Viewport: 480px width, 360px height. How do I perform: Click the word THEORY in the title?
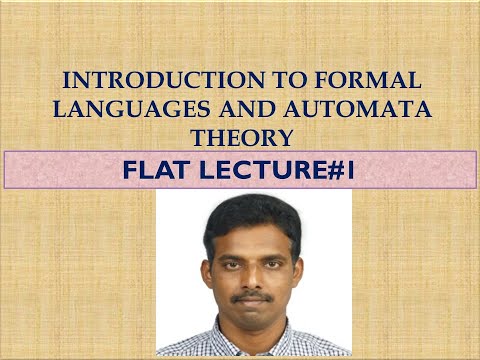[x=239, y=137]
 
